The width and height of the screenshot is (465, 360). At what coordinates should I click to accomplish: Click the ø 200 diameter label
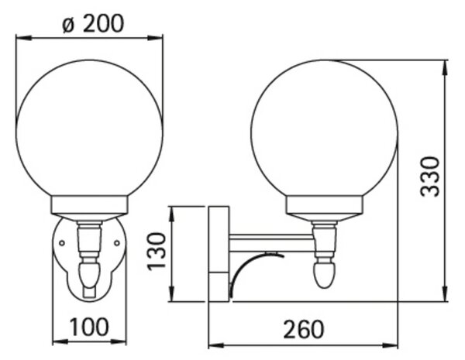tap(93, 23)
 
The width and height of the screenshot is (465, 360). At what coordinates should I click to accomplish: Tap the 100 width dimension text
tap(89, 327)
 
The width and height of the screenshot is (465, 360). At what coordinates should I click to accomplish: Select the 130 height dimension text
tap(157, 252)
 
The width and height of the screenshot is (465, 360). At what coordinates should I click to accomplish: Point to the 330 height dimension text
tap(429, 177)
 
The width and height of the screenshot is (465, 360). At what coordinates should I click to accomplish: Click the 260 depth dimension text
tap(304, 329)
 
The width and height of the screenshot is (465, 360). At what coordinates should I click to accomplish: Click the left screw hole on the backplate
tap(62, 243)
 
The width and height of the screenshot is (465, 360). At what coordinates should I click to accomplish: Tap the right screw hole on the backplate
tap(117, 243)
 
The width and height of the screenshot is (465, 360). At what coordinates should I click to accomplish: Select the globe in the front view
tap(89, 129)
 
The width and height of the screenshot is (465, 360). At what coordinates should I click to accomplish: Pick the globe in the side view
tap(324, 129)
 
